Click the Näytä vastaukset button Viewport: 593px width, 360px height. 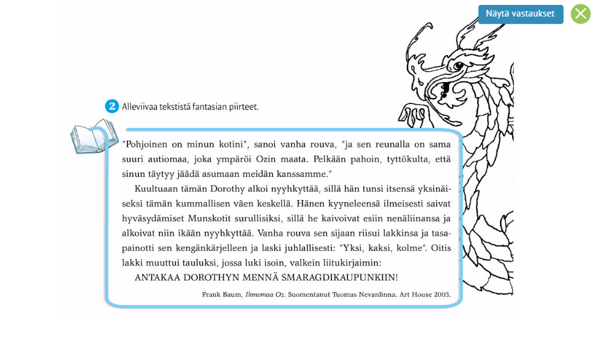click(520, 14)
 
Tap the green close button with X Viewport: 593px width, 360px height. click(580, 14)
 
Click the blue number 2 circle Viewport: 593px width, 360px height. click(111, 107)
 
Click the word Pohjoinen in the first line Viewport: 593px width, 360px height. click(147, 145)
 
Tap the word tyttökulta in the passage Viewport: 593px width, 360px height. click(398, 160)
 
